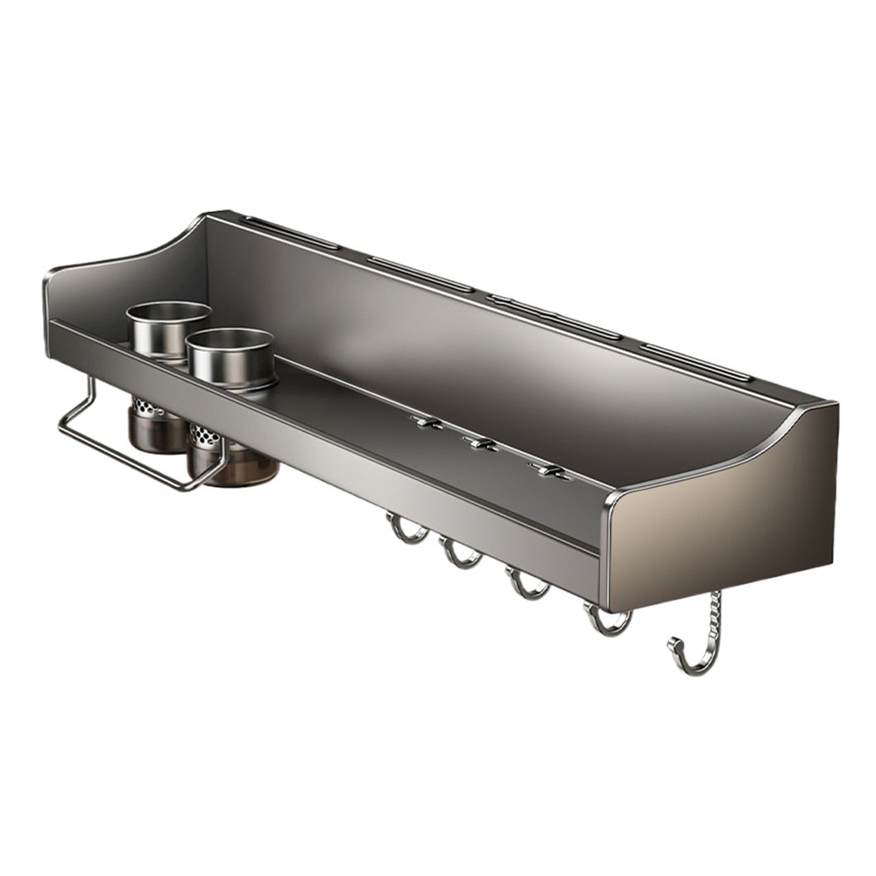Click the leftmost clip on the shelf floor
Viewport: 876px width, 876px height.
coord(427,423)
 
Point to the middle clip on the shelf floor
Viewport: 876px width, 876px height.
coord(481,445)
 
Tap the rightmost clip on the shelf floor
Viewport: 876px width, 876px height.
coord(547,471)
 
